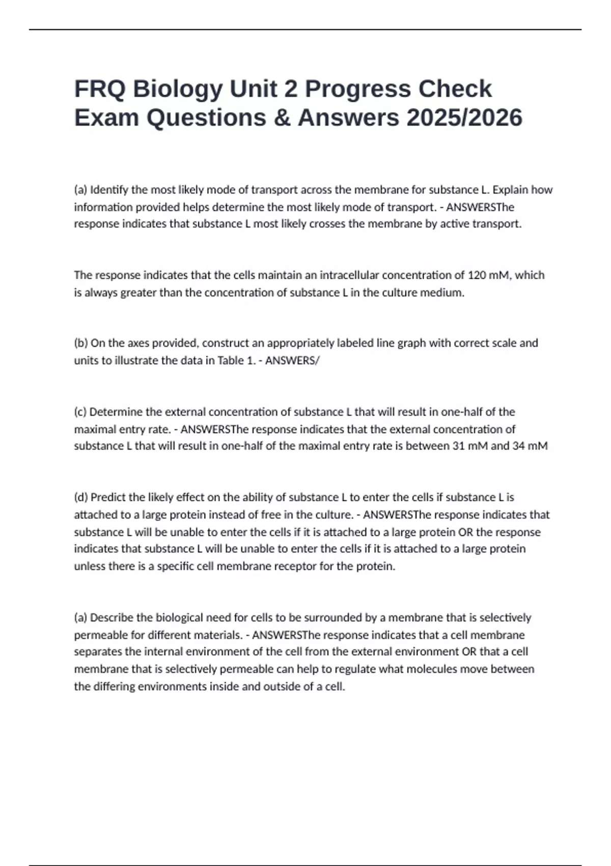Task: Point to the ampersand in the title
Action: (281, 118)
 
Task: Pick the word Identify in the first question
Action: (109, 190)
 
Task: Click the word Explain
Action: (511, 190)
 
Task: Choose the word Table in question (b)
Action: (230, 360)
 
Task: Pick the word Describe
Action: (112, 618)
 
